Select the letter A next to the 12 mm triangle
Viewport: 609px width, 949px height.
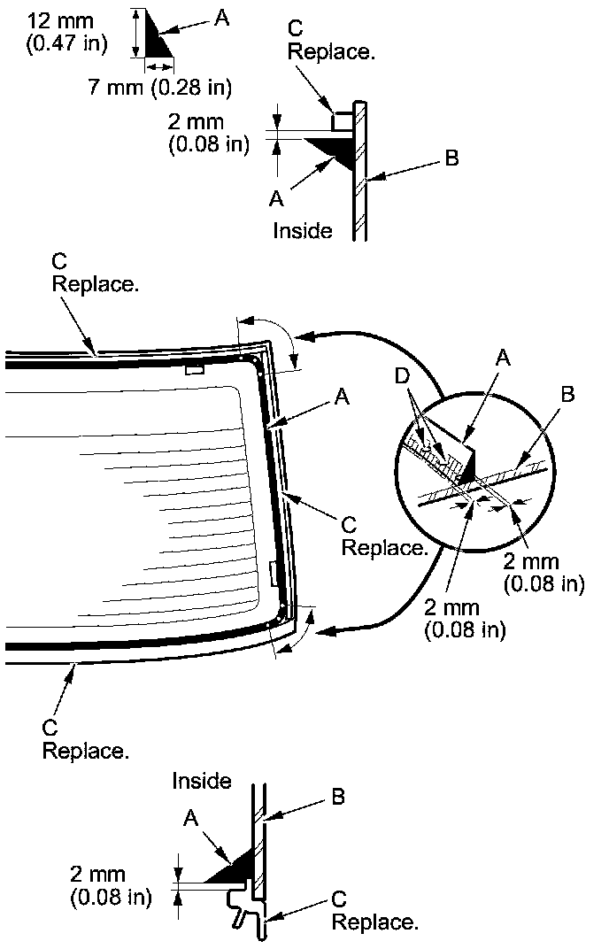pos(221,18)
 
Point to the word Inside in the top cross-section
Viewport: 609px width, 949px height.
pos(303,231)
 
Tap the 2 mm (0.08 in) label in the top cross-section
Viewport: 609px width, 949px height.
pos(208,133)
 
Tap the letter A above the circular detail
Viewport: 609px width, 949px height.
pos(504,356)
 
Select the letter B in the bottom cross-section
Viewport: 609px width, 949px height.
pos(337,797)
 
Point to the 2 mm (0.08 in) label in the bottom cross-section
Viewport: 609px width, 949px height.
pos(110,885)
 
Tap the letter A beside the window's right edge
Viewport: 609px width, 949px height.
pos(342,398)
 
